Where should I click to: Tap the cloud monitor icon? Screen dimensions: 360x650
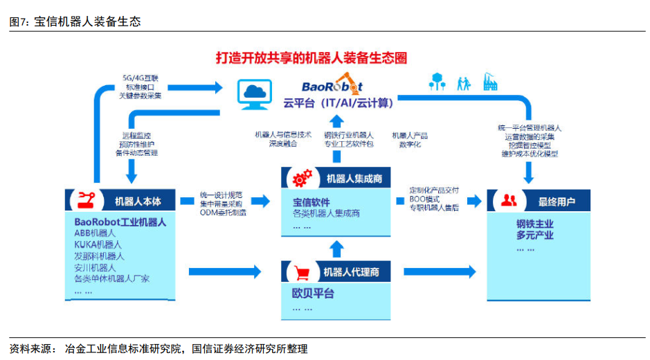(x=253, y=94)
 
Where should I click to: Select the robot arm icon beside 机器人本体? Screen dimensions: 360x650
(x=87, y=200)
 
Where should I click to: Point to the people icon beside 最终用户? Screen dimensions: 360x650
(x=509, y=201)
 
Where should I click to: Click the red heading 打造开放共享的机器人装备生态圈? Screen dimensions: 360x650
(x=311, y=58)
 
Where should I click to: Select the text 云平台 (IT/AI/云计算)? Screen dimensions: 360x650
(x=338, y=103)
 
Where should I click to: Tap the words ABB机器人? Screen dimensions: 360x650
(x=95, y=233)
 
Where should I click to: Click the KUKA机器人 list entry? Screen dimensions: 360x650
(x=98, y=244)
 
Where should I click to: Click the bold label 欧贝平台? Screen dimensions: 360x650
(x=313, y=294)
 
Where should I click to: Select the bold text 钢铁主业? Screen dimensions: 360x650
(x=534, y=224)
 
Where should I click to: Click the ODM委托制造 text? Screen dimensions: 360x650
(x=223, y=213)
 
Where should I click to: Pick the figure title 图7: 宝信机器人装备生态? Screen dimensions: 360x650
(x=75, y=21)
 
